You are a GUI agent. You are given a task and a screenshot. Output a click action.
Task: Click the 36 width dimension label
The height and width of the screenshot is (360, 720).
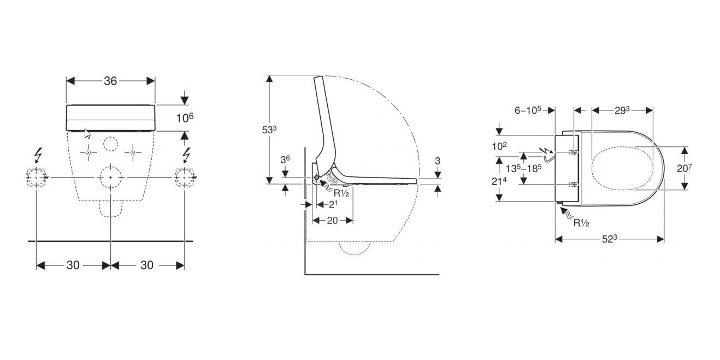tap(110, 81)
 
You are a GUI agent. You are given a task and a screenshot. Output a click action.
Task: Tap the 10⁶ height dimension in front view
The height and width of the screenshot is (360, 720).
tap(185, 117)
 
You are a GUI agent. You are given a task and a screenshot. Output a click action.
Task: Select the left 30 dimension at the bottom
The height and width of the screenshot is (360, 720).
tap(73, 265)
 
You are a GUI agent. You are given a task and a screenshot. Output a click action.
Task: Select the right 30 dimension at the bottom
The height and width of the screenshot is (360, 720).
tap(147, 265)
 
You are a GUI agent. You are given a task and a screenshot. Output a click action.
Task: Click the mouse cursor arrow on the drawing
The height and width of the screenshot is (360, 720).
tap(87, 133)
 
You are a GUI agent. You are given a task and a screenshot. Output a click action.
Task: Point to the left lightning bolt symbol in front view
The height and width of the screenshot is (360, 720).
tap(38, 155)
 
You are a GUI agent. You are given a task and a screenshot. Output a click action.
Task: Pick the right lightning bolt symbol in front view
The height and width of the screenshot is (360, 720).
tap(186, 155)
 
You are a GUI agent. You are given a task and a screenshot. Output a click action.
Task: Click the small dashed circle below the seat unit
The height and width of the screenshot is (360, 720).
tap(110, 144)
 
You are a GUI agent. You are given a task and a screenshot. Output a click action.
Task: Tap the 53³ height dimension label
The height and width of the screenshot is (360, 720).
tap(269, 130)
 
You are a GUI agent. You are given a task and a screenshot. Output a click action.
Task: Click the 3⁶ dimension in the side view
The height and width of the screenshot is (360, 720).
tap(285, 160)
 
